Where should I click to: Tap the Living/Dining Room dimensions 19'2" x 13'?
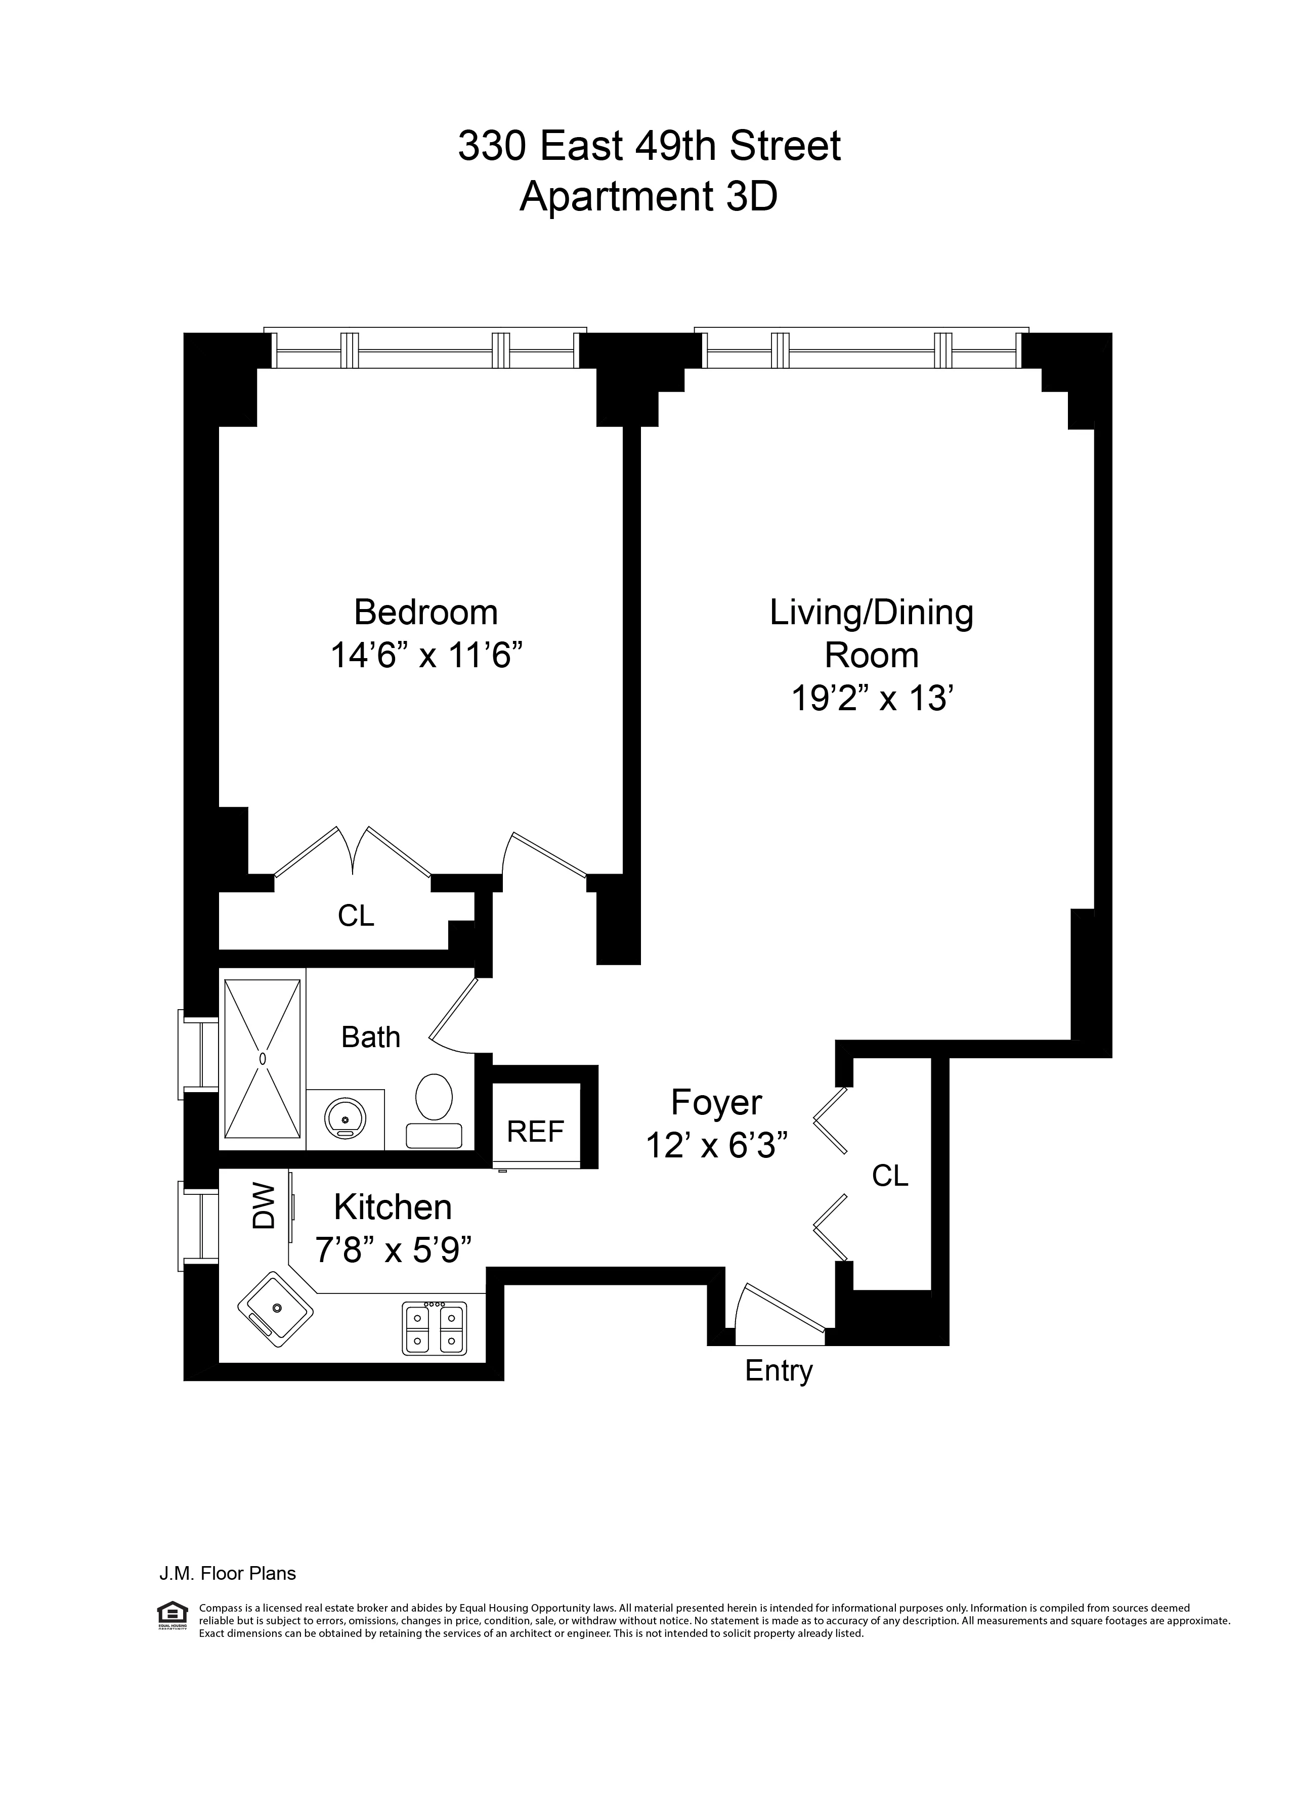[x=872, y=699]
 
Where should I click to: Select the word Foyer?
[x=716, y=1102]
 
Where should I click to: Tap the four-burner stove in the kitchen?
[x=434, y=1328]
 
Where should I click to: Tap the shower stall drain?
[x=262, y=1058]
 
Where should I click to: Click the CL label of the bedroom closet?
[x=355, y=916]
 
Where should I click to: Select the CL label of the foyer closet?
[x=890, y=1176]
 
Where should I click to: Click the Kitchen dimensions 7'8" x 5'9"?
[x=394, y=1252]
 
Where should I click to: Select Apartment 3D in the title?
[x=648, y=196]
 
